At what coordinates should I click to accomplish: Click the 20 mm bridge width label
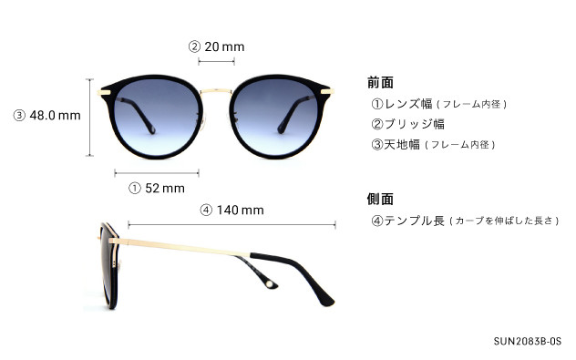217,46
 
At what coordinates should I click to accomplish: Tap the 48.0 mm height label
47,116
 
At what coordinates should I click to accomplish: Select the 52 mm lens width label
158,189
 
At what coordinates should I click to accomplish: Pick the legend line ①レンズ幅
437,104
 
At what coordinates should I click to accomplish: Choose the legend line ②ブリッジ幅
406,124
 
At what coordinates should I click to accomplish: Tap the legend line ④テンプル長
464,221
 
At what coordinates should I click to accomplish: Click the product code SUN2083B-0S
528,342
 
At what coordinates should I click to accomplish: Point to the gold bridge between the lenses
217,89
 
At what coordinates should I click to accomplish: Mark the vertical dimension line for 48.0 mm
90,116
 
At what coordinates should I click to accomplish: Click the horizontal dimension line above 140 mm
231,222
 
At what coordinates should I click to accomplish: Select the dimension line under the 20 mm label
217,62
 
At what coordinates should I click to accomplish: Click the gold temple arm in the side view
182,242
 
